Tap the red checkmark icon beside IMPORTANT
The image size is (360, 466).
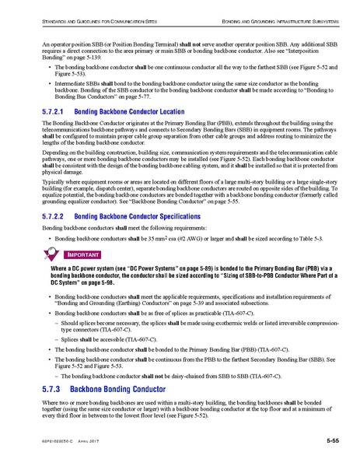click(x=51, y=254)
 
